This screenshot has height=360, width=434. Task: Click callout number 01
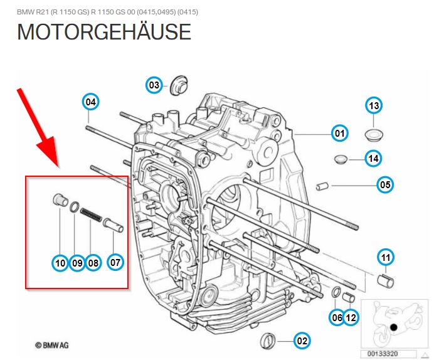(x=339, y=133)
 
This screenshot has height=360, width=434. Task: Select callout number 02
(x=302, y=341)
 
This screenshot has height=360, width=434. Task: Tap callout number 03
(x=155, y=85)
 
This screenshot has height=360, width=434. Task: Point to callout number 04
(x=91, y=102)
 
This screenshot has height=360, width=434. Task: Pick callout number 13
(x=374, y=106)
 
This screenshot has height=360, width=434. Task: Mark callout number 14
(x=373, y=159)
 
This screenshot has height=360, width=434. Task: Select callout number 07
(x=115, y=263)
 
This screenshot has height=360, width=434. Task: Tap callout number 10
(x=60, y=263)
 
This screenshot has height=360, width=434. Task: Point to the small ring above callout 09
(x=74, y=208)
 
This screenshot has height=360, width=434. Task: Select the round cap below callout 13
(x=375, y=134)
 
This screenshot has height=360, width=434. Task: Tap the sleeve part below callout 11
(x=386, y=280)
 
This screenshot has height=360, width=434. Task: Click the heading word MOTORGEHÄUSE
(x=103, y=32)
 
